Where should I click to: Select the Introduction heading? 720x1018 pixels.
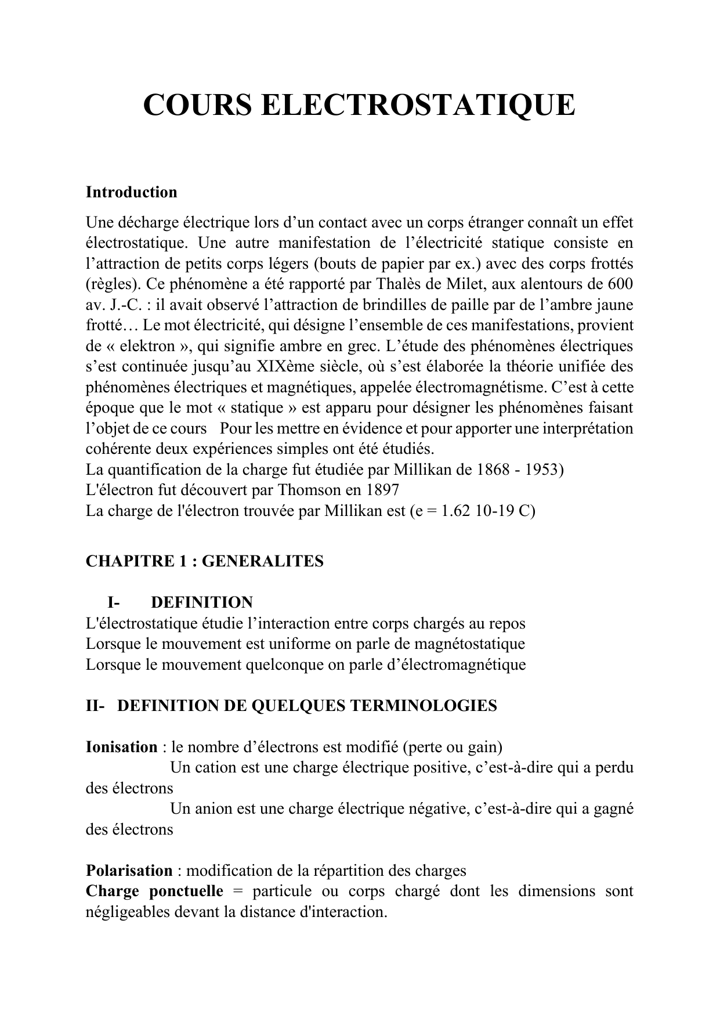(131, 192)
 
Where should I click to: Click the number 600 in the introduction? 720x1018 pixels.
(620, 284)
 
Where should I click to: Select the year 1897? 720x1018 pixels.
(380, 490)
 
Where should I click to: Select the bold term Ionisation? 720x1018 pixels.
(121, 747)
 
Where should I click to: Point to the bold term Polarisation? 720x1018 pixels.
(129, 871)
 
